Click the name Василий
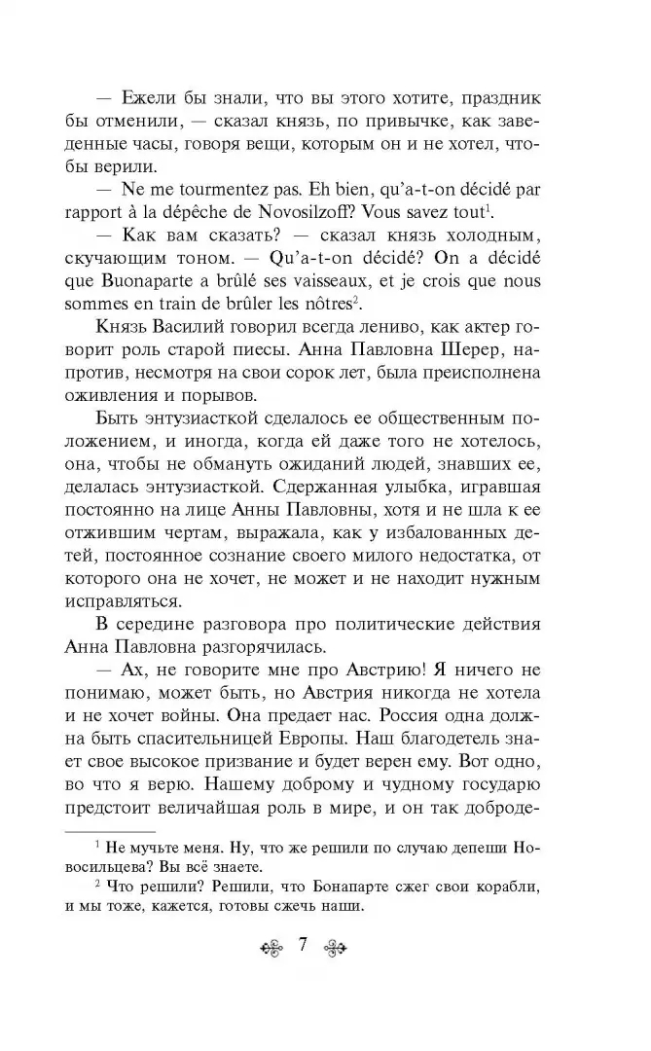tap(184, 327)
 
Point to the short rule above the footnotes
tap(109, 832)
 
